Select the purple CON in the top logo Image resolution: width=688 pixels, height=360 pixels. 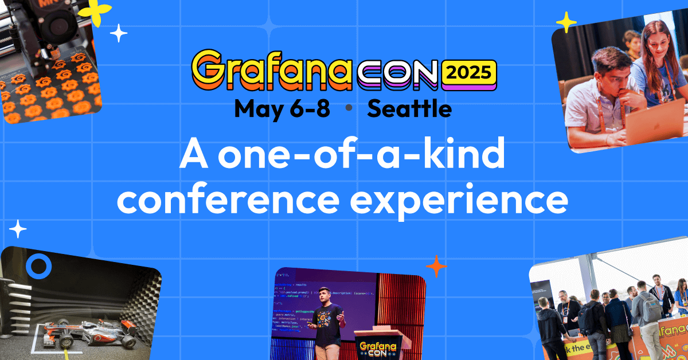tap(399, 73)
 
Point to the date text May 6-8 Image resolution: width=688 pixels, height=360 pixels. tap(282, 108)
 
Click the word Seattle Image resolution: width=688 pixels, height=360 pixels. tap(409, 108)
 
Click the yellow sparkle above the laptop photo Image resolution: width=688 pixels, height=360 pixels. tap(566, 22)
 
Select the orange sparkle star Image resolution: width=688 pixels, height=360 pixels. tap(436, 266)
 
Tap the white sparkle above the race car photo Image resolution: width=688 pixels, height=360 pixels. tap(18, 229)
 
